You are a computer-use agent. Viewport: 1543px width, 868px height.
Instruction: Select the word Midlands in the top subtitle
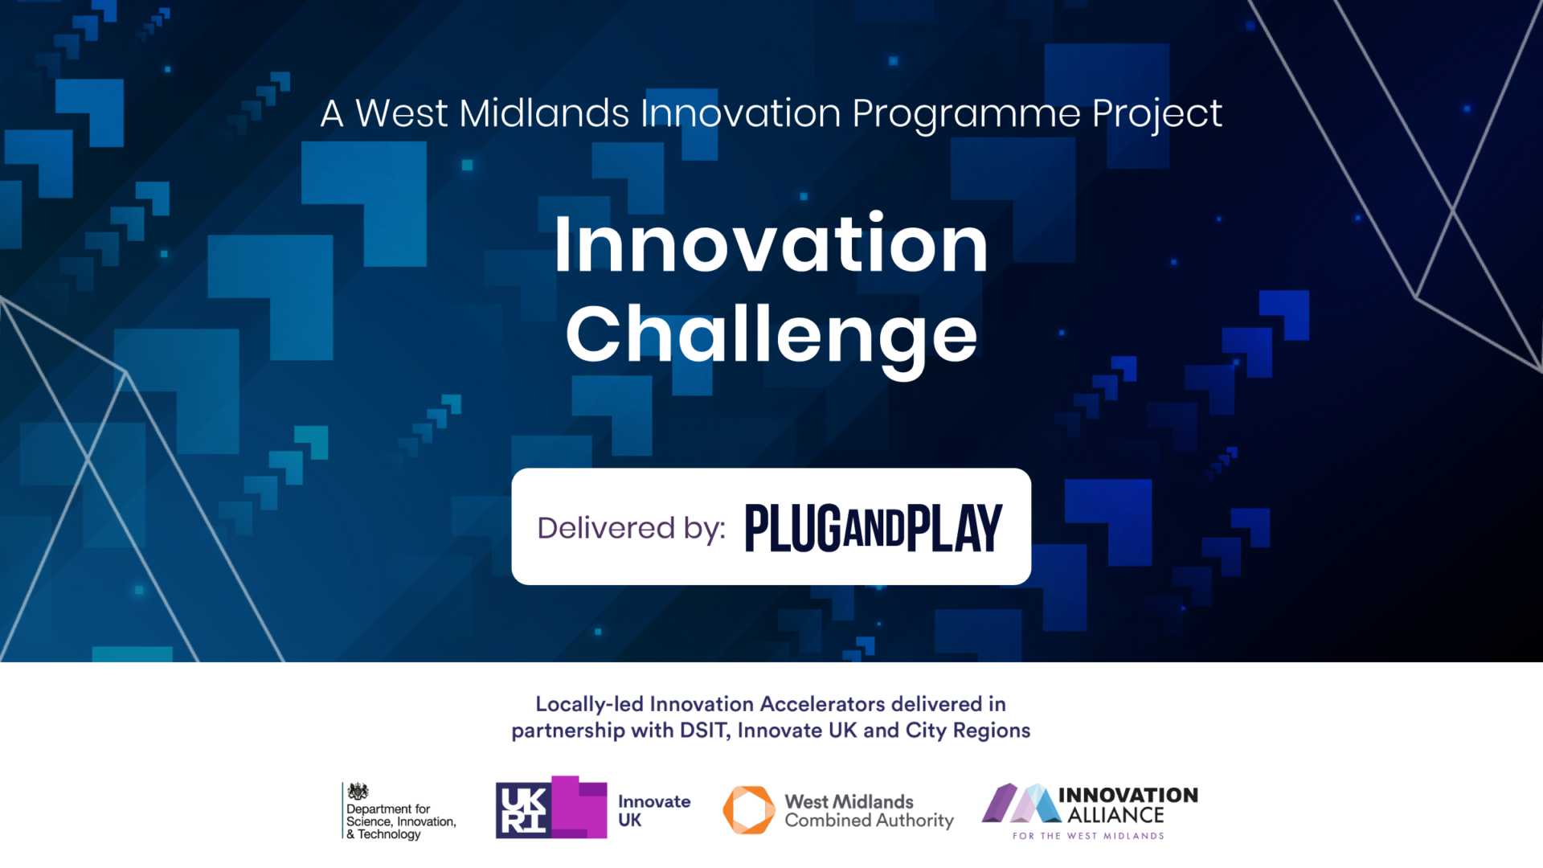544,113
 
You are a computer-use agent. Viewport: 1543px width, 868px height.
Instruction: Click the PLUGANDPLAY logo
874,528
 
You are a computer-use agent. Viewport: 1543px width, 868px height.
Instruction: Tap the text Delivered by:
631,528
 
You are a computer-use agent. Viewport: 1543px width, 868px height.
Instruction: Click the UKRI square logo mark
551,808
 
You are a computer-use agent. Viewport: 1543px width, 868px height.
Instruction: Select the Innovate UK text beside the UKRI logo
654,811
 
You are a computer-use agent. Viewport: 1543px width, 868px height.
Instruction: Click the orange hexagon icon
748,810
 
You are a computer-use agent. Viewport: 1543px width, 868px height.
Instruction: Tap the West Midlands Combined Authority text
869,811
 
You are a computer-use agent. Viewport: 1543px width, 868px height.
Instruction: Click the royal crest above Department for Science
358,792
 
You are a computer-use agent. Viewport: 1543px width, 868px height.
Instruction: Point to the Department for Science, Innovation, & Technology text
401,821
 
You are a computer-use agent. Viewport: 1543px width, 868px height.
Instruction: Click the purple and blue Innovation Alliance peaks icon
1021,803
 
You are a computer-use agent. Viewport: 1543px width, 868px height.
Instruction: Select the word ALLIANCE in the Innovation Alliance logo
1115,815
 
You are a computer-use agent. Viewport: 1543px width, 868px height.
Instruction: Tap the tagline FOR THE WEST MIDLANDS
1088,836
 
